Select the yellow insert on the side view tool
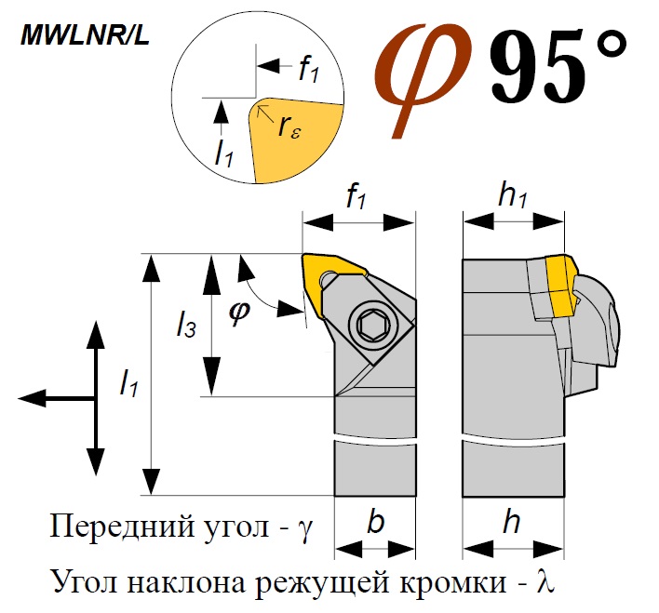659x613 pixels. coord(559,284)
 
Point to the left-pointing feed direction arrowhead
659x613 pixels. coord(31,398)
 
